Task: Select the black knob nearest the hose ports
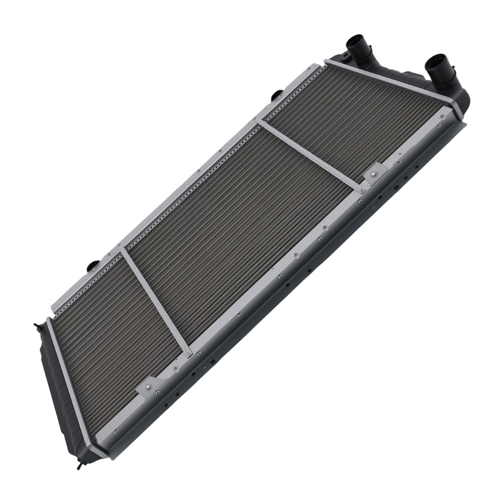[277, 94]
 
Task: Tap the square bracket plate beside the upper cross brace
[375, 173]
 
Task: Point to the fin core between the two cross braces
[237, 227]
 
